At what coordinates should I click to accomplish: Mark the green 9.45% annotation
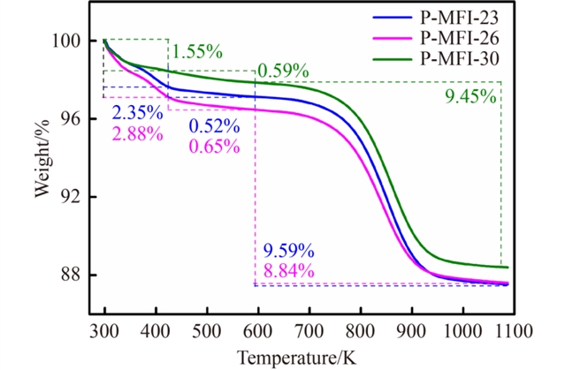point(470,97)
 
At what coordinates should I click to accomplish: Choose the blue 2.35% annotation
point(138,113)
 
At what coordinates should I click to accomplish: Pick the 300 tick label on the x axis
point(104,331)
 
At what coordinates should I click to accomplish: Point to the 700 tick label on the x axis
point(309,331)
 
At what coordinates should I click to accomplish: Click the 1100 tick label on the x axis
point(512,331)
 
